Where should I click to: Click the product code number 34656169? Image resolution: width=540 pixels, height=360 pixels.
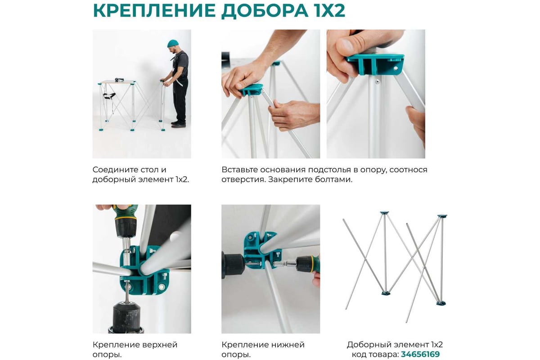[x=420, y=354]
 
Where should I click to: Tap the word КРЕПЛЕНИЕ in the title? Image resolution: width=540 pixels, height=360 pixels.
[x=154, y=10]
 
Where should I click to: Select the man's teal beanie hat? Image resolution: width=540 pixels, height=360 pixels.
[x=173, y=43]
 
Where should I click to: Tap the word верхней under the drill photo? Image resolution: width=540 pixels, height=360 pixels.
[x=160, y=345]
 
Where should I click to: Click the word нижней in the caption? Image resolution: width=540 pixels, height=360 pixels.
[x=288, y=345]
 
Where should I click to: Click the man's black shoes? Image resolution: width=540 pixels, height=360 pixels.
[x=178, y=124]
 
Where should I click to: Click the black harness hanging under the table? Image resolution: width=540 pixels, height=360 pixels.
[x=109, y=95]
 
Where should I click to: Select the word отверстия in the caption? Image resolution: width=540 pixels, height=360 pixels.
[x=243, y=180]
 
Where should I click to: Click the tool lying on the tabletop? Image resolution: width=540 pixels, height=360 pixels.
[x=119, y=79]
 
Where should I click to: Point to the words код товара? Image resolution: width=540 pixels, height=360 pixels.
[x=375, y=355]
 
